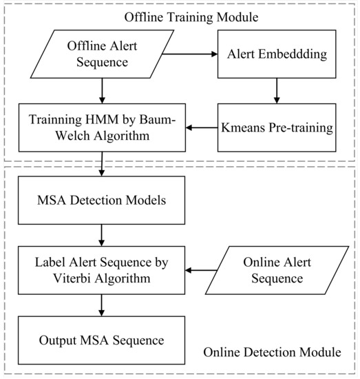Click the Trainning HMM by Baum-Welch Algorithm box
coord(101,127)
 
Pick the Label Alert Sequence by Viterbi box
coord(101,272)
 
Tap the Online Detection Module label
coord(272,353)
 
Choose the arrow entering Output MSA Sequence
coord(101,305)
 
